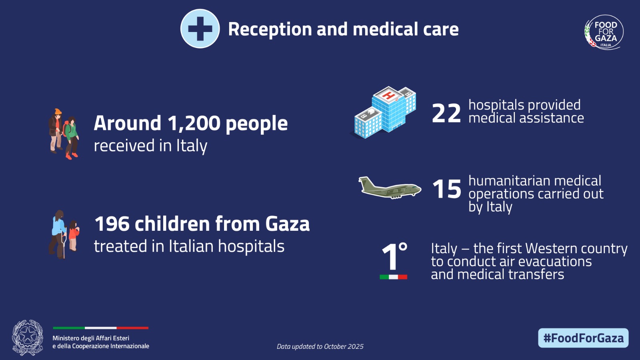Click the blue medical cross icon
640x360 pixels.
click(200, 29)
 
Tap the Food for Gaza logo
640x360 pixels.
click(604, 32)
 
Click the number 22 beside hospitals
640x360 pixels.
click(446, 113)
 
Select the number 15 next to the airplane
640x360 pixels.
click(446, 189)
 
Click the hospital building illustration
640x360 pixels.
click(385, 112)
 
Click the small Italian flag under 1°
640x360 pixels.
click(393, 277)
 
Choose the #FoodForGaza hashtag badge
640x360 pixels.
click(583, 338)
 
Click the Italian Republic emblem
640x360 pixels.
click(27, 338)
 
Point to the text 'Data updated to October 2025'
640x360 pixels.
click(320, 346)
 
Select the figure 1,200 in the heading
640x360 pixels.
click(194, 123)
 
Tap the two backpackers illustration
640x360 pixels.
click(64, 134)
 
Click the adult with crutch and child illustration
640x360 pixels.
click(64, 234)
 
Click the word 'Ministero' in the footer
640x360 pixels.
click(66, 338)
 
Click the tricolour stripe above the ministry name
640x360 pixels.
click(100, 328)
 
